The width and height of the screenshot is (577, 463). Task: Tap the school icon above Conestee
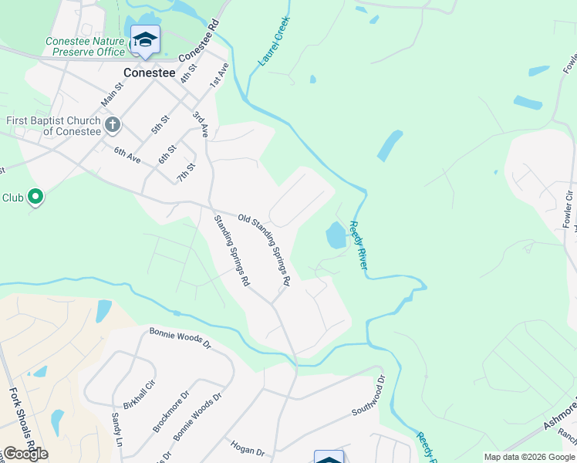[x=145, y=39]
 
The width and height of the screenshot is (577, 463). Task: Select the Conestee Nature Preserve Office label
[x=85, y=46]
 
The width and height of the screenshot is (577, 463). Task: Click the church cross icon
[x=112, y=124]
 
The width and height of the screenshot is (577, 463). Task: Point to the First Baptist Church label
[x=53, y=126]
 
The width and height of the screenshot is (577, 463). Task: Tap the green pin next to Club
[x=35, y=198]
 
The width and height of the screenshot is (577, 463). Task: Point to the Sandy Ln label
[x=117, y=429]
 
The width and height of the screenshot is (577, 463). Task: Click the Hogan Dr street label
[x=248, y=448]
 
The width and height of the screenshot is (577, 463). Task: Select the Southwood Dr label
[x=368, y=400]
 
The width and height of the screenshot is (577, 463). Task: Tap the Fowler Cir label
[x=568, y=208]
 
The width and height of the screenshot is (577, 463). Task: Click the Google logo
[x=25, y=454]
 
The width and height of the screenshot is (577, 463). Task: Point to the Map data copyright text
[x=529, y=457]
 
